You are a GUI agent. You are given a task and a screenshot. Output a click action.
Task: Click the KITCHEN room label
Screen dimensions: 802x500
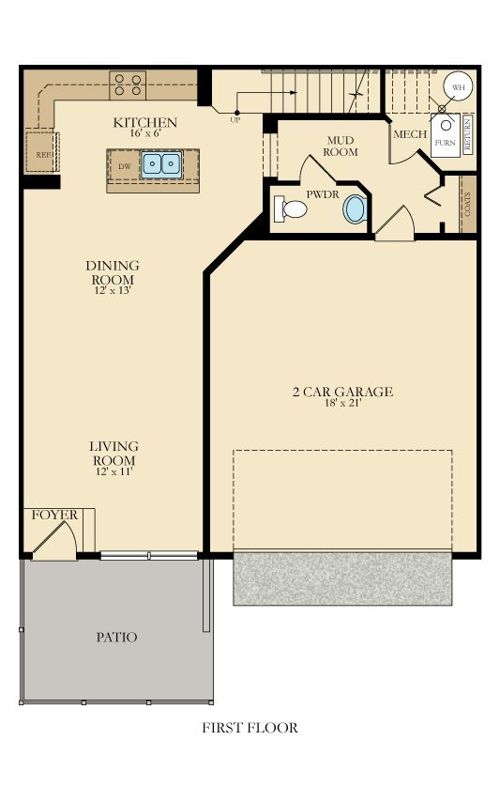click(x=145, y=123)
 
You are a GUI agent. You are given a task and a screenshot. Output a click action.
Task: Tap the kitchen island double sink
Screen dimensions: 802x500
click(x=161, y=165)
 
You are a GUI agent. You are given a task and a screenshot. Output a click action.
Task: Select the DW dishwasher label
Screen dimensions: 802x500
click(x=124, y=165)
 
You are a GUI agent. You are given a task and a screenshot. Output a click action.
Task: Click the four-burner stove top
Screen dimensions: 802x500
click(x=129, y=85)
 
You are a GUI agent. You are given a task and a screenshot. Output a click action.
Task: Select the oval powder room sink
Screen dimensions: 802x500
click(x=355, y=208)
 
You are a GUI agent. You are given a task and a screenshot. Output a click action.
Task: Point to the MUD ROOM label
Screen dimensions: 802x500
click(x=341, y=146)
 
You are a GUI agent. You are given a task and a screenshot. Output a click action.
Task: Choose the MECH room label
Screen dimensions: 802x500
click(x=410, y=134)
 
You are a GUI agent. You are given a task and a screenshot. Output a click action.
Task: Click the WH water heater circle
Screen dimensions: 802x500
click(x=458, y=86)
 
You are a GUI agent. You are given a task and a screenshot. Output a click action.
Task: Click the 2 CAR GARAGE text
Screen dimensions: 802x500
click(x=341, y=392)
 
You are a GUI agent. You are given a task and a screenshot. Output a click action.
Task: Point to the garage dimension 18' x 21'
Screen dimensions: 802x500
click(x=341, y=404)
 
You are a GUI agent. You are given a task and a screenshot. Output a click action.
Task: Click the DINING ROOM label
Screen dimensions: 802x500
click(x=112, y=273)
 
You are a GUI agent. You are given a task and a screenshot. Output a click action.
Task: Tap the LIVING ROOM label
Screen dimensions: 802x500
click(x=114, y=454)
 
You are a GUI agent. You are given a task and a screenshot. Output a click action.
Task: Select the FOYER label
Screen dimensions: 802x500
click(x=54, y=516)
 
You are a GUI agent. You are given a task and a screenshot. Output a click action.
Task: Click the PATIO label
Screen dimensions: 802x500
click(x=116, y=638)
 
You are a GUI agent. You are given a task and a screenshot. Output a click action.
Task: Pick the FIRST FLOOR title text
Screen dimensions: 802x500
click(x=250, y=727)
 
